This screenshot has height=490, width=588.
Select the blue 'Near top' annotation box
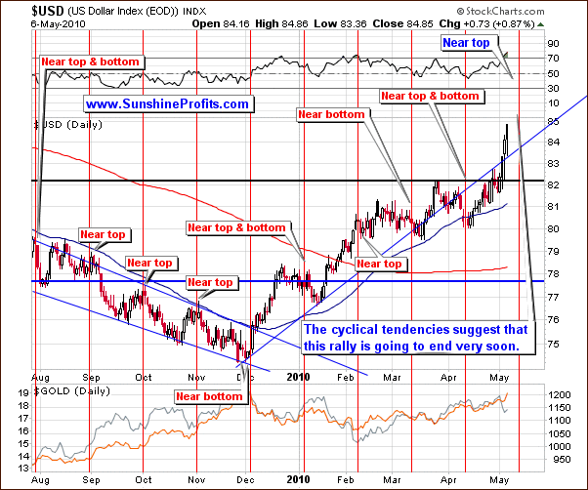467,43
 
